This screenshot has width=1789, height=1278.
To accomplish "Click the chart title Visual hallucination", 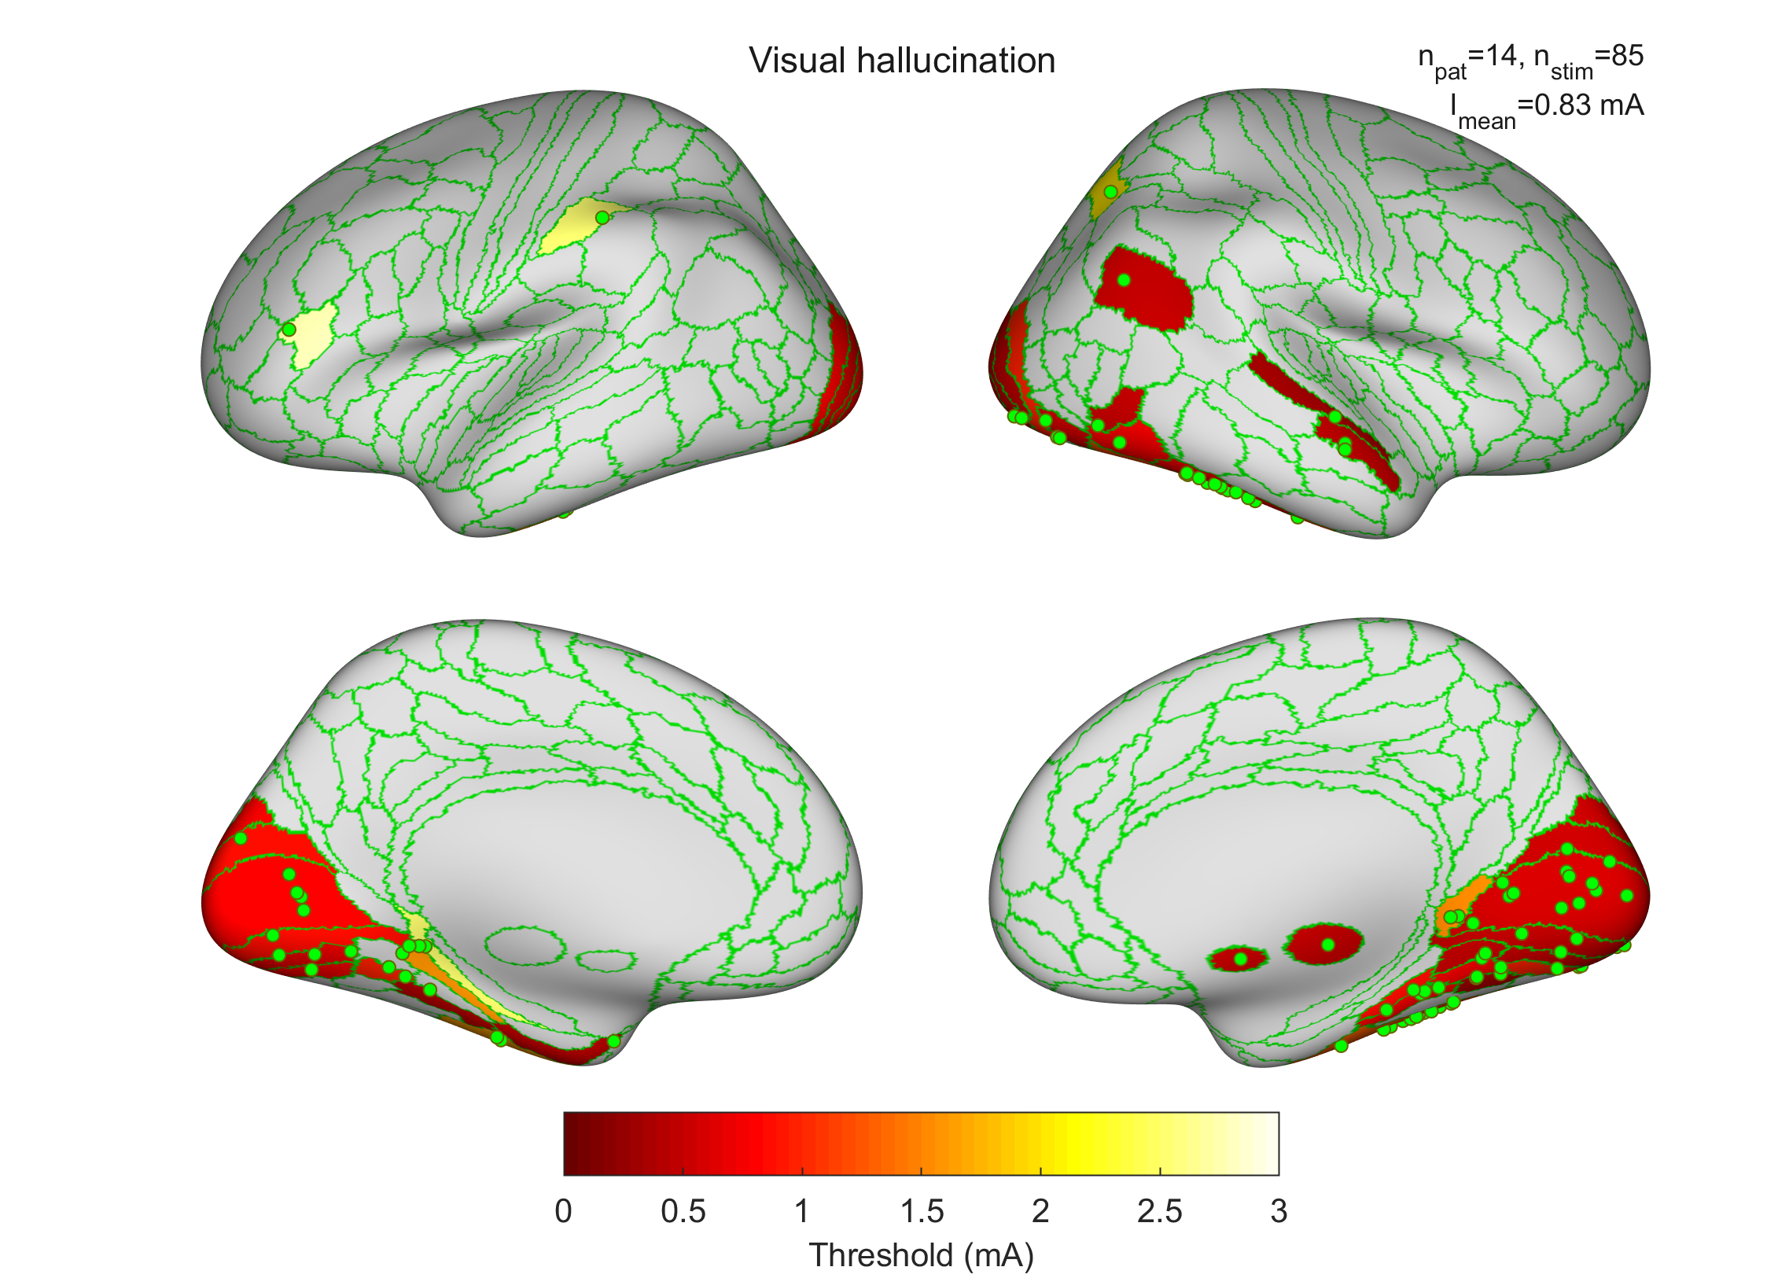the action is pyautogui.click(x=902, y=61).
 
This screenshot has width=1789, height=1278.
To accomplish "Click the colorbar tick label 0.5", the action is pyautogui.click(x=683, y=1211).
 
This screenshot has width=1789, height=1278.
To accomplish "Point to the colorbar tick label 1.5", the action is pyautogui.click(x=922, y=1211).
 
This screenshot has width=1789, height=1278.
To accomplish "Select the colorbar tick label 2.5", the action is pyautogui.click(x=1160, y=1211).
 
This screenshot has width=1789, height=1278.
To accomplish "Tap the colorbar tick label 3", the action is pyautogui.click(x=1279, y=1211).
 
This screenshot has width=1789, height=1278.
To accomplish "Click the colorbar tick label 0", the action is pyautogui.click(x=563, y=1211).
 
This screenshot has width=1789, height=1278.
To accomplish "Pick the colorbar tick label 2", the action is pyautogui.click(x=1040, y=1211).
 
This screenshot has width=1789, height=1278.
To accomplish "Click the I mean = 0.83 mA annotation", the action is pyautogui.click(x=1547, y=109).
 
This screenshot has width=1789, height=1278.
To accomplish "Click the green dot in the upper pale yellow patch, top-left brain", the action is pyautogui.click(x=602, y=217).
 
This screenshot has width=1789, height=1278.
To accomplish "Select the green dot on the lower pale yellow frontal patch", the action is pyautogui.click(x=289, y=329).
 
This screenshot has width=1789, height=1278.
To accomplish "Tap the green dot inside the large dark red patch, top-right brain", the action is pyautogui.click(x=1124, y=280).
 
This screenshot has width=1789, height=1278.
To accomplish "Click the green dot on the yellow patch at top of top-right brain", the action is pyautogui.click(x=1110, y=192).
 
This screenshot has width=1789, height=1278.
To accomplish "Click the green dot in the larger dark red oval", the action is pyautogui.click(x=1328, y=945).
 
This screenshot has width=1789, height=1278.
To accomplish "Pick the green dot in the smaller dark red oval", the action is pyautogui.click(x=1241, y=959).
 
